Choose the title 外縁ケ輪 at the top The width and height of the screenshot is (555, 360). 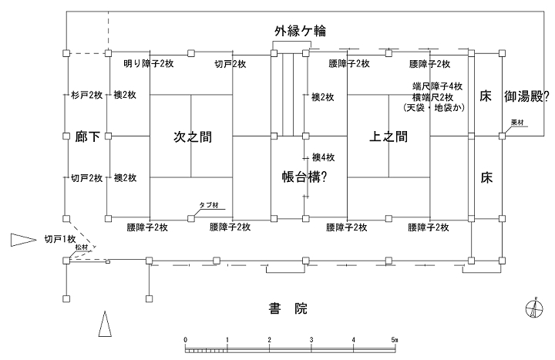pos(300,31)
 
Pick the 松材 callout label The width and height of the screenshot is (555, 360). pos(82,247)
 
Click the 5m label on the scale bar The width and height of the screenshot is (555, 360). pos(394,339)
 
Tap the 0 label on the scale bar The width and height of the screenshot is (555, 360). pos(185,339)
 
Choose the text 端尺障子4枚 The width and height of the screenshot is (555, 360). pos(437,86)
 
